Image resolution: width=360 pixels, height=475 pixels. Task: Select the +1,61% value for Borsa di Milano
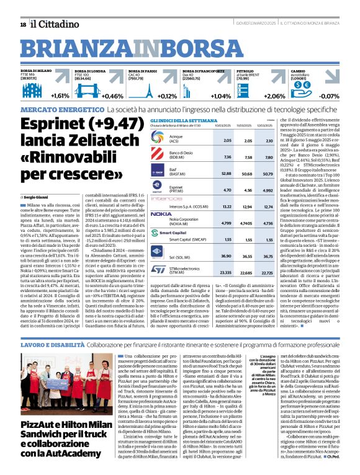[x=60, y=96]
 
